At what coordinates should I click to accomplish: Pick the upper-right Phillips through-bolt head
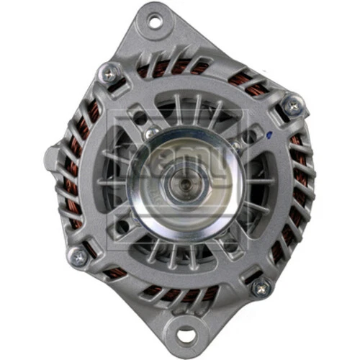291,106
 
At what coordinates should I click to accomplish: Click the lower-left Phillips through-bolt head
78,255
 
